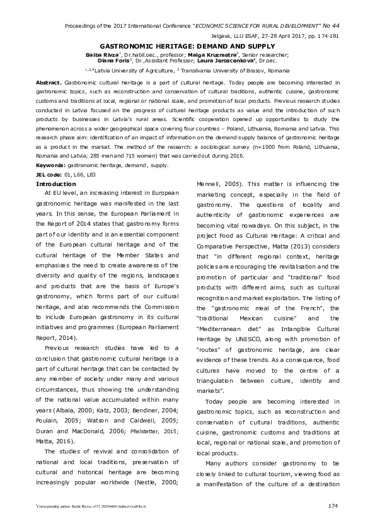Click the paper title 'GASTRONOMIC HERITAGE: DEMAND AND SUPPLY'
(x=187, y=47)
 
